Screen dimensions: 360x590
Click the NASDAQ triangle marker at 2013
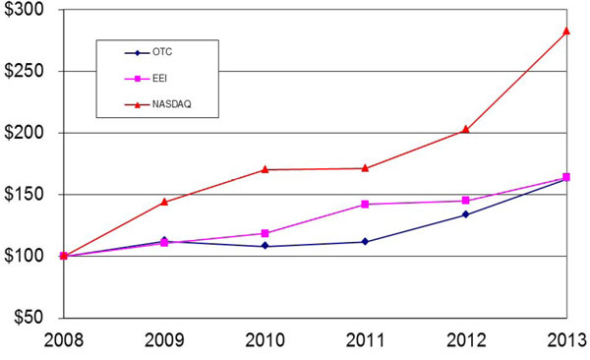click(566, 30)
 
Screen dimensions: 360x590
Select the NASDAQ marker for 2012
click(466, 129)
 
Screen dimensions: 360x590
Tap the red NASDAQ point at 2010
click(265, 169)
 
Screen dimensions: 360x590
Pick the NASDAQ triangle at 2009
click(164, 202)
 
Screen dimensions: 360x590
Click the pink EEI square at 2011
click(365, 204)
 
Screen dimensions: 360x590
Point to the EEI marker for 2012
click(466, 201)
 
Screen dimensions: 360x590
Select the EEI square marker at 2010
click(265, 233)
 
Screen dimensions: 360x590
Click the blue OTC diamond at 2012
click(466, 214)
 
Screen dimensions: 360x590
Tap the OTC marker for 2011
click(365, 241)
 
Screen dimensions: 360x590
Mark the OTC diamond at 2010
click(265, 246)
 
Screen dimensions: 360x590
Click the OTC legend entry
click(157, 52)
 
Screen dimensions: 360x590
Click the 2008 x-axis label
click(64, 340)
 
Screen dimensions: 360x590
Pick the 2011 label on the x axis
click(365, 340)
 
